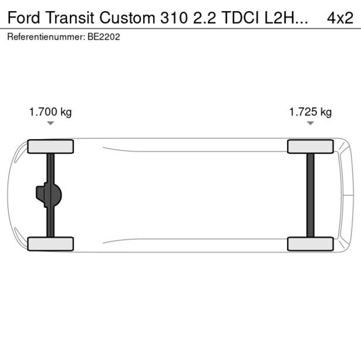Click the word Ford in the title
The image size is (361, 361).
[x=22, y=17]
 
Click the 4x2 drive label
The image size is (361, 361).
[x=340, y=17]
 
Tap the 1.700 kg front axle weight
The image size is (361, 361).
[x=51, y=112]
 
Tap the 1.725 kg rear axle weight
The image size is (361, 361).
[x=310, y=112]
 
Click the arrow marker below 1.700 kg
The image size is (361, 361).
[x=51, y=123]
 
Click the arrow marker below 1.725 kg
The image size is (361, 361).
[x=310, y=123]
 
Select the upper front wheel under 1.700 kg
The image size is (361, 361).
[x=51, y=146]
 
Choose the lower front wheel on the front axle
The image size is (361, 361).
[x=51, y=244]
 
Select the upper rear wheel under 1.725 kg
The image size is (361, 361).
[x=310, y=146]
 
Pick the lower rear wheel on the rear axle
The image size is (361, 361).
[x=310, y=244]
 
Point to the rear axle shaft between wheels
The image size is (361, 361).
[x=310, y=195]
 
